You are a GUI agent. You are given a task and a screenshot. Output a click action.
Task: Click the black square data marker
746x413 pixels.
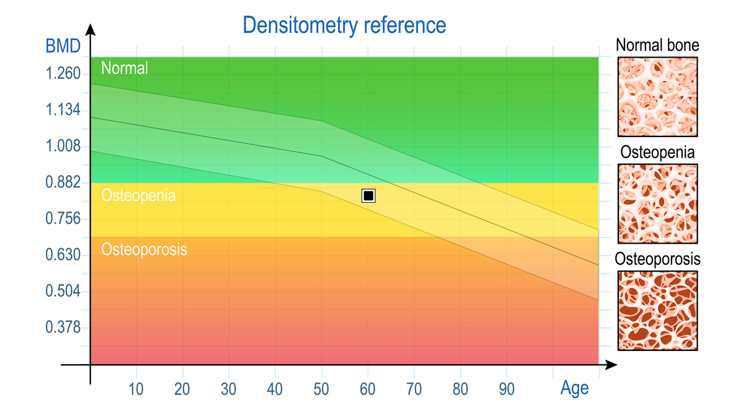(368, 196)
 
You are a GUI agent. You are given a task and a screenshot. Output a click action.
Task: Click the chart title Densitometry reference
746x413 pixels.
(344, 25)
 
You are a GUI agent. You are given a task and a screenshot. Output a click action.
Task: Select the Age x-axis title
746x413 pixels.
(574, 389)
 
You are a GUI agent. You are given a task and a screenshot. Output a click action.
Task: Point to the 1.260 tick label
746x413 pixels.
(63, 74)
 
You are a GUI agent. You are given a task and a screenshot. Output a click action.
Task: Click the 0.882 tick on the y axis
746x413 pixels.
(63, 183)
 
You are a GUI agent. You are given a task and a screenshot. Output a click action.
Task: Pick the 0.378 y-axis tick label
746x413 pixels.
(63, 327)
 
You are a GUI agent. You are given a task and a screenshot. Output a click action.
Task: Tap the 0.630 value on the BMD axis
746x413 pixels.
(63, 255)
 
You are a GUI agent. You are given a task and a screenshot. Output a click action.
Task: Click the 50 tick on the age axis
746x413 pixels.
(322, 389)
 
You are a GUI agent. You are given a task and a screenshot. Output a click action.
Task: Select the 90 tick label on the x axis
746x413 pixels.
(507, 389)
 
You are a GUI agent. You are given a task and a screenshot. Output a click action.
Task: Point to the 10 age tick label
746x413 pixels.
(136, 389)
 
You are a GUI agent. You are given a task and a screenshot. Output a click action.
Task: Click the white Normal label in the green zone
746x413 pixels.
(125, 68)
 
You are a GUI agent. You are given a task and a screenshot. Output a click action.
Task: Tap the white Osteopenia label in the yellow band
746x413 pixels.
(138, 196)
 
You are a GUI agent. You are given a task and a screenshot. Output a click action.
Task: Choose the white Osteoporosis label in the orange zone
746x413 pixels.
(144, 249)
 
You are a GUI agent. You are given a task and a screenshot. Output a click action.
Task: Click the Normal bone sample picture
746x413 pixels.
(658, 97)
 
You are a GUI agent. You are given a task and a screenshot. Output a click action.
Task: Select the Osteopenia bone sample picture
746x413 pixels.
(658, 203)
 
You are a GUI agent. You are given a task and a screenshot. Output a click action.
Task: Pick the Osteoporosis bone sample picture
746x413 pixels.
(658, 311)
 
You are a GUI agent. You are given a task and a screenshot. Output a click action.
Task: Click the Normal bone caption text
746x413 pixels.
(657, 45)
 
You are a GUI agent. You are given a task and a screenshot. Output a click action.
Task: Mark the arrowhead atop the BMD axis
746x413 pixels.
(91, 30)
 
